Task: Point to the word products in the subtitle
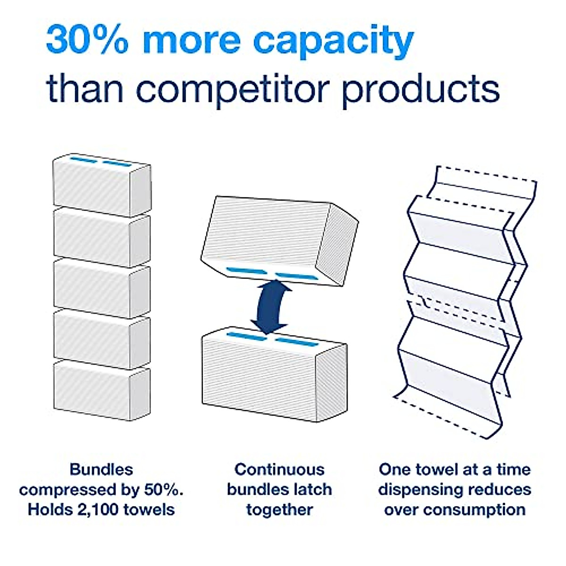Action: [x=420, y=90]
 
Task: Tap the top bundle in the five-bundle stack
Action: [x=101, y=187]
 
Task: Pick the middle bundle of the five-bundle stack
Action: [x=101, y=288]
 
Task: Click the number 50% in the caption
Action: [x=163, y=490]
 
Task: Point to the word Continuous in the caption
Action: [x=279, y=470]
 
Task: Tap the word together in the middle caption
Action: [x=279, y=510]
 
